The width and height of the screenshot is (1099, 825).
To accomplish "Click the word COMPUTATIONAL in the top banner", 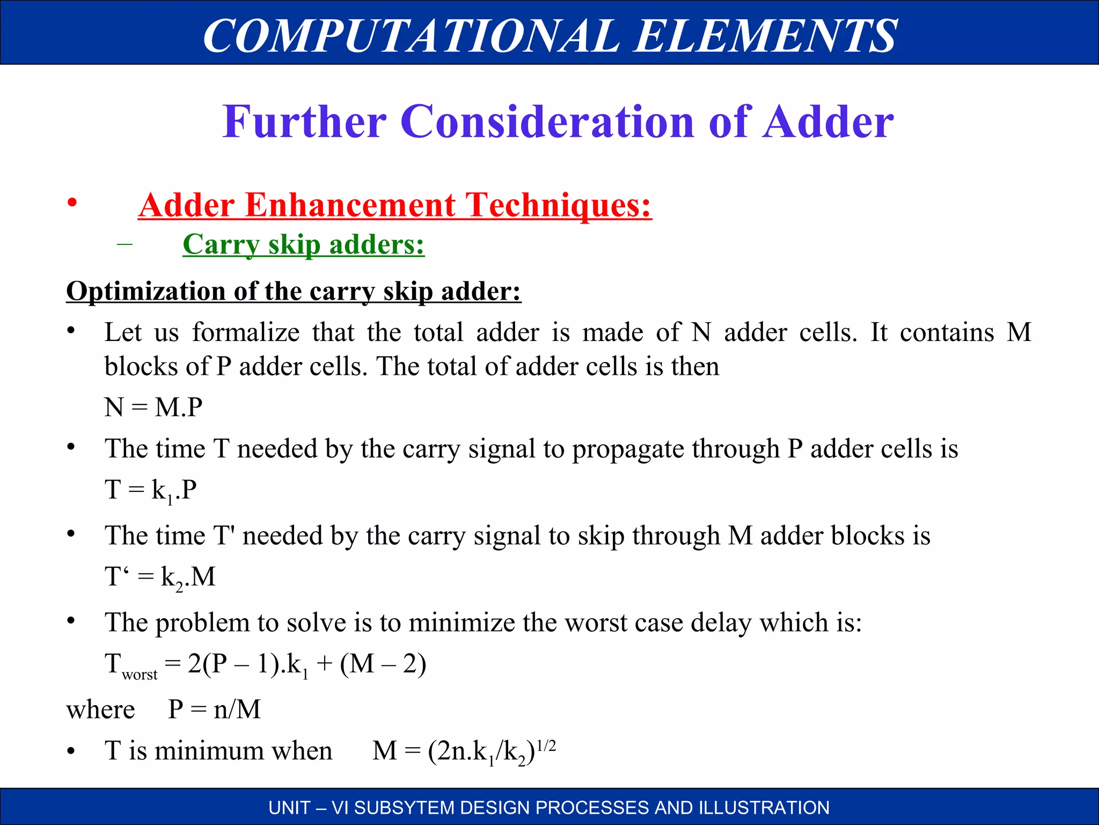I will (x=411, y=35).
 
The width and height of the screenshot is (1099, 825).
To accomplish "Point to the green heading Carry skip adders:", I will (x=303, y=245).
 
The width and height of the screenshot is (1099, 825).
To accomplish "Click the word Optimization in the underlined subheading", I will (x=145, y=291).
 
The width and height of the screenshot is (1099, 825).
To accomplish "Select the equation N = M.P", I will (x=153, y=407).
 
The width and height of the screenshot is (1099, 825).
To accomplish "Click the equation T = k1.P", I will (x=151, y=490).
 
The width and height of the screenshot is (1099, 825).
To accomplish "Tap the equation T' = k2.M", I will (x=160, y=577).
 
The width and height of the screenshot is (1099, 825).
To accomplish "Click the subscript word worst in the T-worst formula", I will (x=140, y=675).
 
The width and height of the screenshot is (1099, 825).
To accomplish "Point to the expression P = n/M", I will (x=214, y=710).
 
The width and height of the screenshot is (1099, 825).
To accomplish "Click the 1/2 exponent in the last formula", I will (x=546, y=746).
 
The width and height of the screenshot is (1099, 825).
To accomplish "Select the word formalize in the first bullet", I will (x=246, y=332).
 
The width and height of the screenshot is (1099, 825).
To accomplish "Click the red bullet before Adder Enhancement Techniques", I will (x=72, y=203).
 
